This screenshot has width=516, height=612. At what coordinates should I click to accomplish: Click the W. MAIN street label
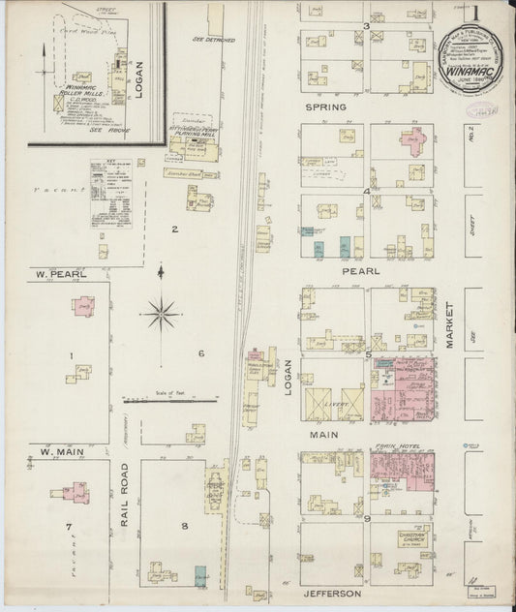click(58, 449)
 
